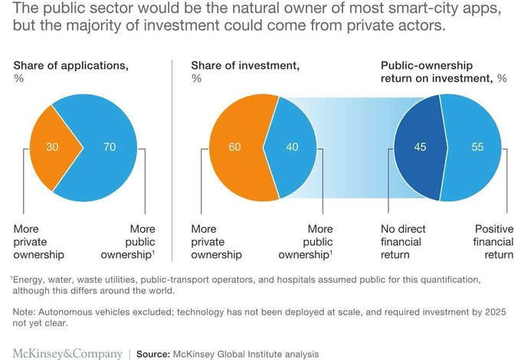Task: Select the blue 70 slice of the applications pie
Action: (103, 147)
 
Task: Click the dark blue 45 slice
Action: (418, 147)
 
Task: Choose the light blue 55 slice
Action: (475, 147)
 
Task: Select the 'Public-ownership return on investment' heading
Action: (444, 72)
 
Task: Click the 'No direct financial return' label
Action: (403, 241)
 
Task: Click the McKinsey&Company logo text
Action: (67, 353)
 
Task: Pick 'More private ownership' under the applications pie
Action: (41, 241)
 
